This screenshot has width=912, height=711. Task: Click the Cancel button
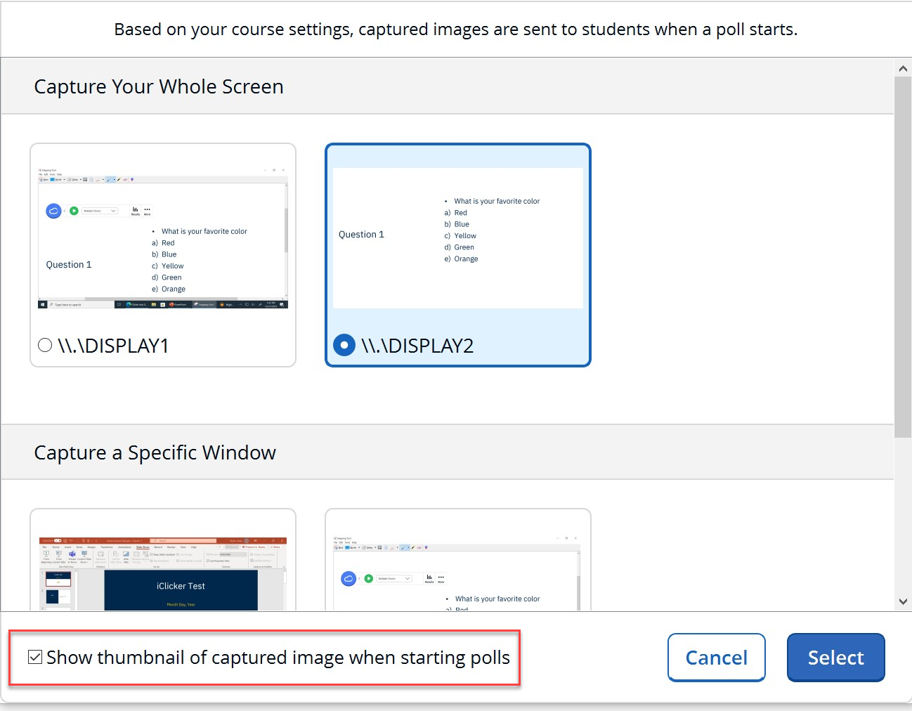coord(716,658)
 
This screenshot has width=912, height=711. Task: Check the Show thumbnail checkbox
coord(35,657)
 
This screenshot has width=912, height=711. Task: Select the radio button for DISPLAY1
coord(45,345)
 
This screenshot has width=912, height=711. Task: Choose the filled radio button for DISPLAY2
coord(344,345)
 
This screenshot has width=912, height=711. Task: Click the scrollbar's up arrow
coord(903,68)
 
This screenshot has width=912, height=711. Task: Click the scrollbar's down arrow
coord(903,601)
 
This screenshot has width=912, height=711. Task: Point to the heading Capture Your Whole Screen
coord(159,86)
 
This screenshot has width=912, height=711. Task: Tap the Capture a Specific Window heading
coord(155,452)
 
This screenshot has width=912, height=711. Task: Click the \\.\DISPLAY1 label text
coord(113,346)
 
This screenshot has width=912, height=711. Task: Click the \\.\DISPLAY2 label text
coord(417,346)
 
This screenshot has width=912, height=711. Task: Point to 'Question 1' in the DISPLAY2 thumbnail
coord(361,235)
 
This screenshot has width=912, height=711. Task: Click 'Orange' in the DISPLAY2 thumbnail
coord(466,259)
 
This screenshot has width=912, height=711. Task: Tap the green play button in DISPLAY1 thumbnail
coord(74,211)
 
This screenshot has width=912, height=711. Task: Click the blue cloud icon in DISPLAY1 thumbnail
coord(53,211)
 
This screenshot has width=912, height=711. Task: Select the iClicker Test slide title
coord(181,586)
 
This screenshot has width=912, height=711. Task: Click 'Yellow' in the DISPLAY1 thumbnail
coord(172,266)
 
